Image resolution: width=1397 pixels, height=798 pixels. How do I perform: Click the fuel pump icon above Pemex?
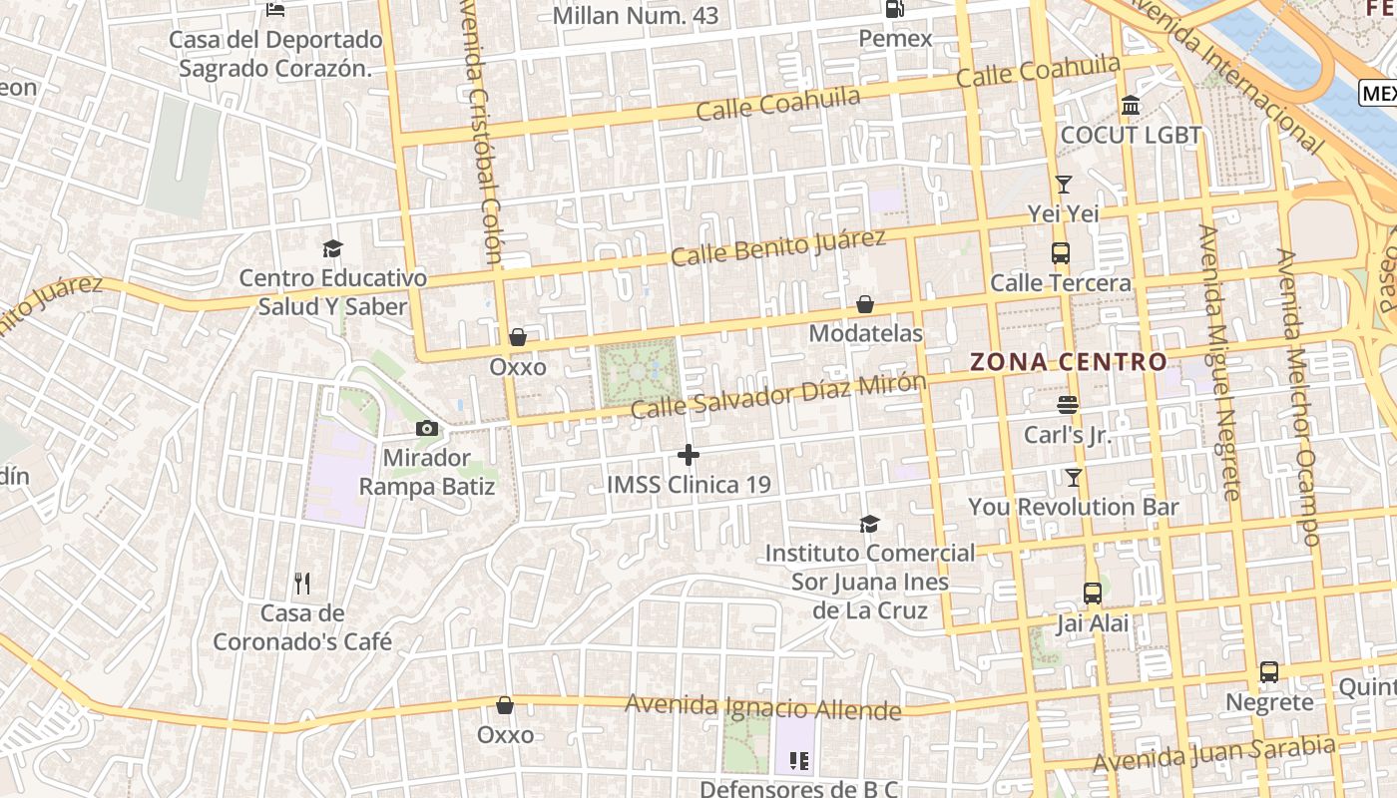coord(894,9)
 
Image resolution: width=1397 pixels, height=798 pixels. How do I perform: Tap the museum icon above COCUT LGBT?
coord(1131,105)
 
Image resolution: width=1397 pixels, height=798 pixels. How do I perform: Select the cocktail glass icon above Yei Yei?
coord(1064,185)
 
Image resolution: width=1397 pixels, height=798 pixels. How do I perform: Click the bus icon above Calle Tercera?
coord(1060,253)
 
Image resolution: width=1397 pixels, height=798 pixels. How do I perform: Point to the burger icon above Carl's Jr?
coord(1067,405)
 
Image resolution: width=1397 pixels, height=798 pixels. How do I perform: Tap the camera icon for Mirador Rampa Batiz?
coord(427,429)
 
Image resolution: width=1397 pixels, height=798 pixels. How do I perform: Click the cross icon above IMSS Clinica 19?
coord(689,456)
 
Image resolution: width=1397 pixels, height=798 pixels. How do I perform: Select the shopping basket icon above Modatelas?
coord(865,304)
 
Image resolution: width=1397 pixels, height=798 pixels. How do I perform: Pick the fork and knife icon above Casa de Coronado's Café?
coord(303,584)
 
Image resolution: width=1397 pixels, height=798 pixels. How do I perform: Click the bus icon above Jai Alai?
coord(1093,594)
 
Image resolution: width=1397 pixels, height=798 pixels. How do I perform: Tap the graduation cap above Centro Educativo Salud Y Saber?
coord(332,248)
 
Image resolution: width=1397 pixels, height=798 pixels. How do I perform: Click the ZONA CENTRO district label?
coord(1069,362)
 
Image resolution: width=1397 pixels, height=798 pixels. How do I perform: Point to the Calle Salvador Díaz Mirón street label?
coord(778,395)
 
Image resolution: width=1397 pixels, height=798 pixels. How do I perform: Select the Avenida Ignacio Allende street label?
coord(763,707)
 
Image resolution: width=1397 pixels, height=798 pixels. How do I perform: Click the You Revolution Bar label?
coord(1074,507)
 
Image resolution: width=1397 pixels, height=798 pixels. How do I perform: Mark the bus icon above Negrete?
coord(1269,672)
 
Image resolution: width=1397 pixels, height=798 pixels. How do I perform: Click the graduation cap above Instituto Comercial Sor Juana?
coord(870,524)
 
